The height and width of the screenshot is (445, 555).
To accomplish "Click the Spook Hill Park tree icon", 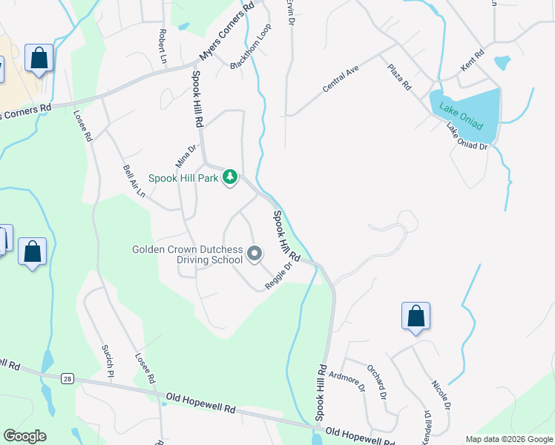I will (x=231, y=177).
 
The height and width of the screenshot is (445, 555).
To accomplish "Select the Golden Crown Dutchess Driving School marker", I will (x=254, y=254).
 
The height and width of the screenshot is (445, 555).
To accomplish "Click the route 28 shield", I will (x=68, y=379).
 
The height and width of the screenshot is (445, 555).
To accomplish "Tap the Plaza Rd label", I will (x=398, y=77).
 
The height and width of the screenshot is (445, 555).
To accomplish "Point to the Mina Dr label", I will (x=185, y=155).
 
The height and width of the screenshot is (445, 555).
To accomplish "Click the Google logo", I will (x=24, y=436).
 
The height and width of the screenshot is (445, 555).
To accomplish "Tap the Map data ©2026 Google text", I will (x=509, y=439).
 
